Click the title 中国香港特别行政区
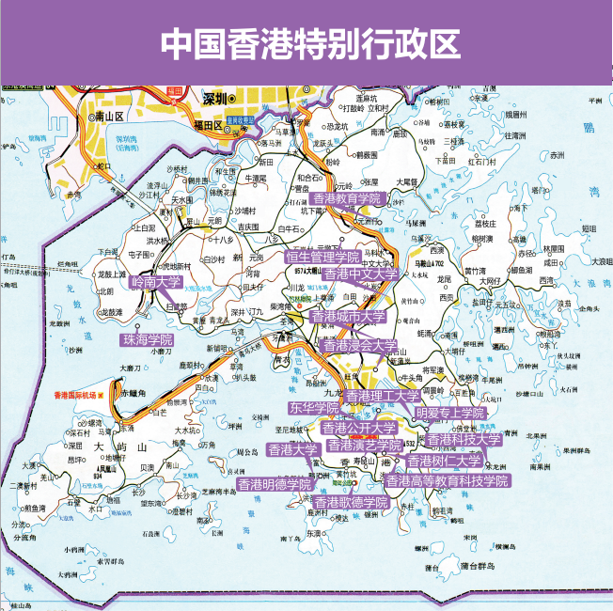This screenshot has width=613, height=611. (306, 42)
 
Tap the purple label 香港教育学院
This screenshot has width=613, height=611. (349, 198)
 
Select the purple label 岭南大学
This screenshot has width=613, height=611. (156, 281)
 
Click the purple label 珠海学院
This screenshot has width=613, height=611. (148, 338)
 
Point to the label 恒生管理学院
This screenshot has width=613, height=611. (322, 257)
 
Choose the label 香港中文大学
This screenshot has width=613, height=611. (361, 274)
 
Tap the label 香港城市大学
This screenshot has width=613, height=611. (348, 317)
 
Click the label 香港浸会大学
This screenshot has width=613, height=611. (360, 346)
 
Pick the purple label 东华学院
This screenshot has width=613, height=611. (314, 408)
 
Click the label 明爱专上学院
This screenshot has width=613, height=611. (450, 413)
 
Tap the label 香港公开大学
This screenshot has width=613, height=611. (358, 428)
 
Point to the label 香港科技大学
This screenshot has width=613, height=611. (464, 439)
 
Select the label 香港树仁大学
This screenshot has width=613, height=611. (444, 462)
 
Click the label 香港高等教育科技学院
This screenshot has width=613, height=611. (448, 480)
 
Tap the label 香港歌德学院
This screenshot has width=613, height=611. (351, 503)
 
